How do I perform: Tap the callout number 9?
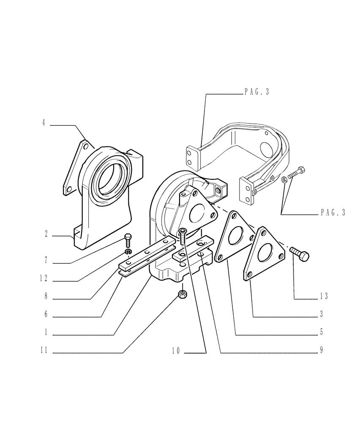point(322,351)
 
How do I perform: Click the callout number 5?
point(322,332)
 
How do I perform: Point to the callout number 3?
point(322,315)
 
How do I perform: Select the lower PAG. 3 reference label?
point(333,213)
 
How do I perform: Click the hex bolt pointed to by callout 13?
point(300,254)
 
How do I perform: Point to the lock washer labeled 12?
point(128,253)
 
